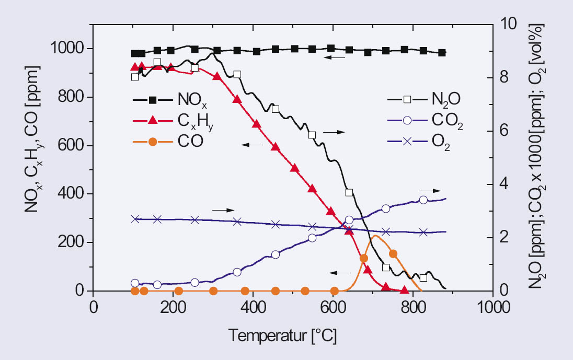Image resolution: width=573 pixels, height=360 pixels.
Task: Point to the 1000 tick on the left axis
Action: click(68, 49)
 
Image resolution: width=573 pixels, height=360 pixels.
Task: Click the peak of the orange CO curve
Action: click(374, 236)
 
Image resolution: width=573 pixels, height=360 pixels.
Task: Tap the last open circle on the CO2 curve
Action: click(423, 200)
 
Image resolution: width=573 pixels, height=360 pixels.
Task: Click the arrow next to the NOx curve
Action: click(335, 57)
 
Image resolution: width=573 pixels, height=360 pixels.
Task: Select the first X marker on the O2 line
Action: click(135, 219)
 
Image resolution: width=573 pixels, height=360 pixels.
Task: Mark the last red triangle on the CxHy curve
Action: click(404, 290)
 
